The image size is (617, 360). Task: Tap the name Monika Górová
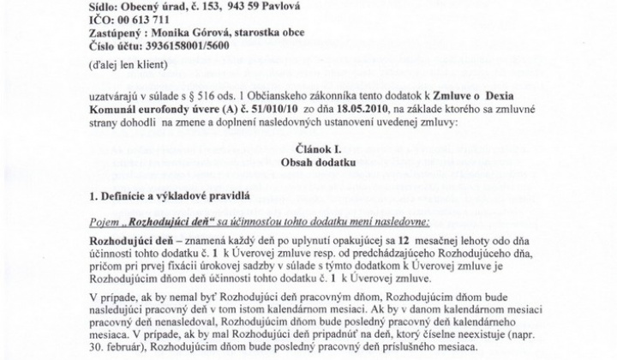(x=192, y=31)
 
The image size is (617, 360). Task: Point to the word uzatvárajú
(x=117, y=95)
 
